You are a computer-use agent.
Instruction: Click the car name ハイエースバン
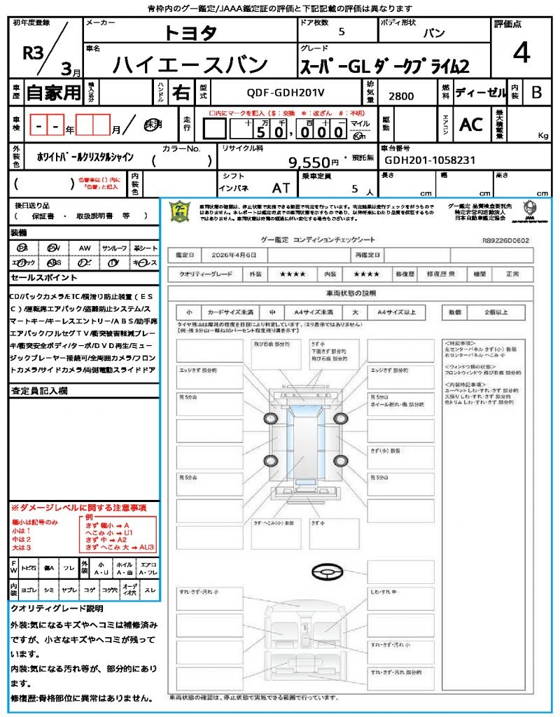[x=190, y=64]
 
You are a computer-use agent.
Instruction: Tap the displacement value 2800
[x=400, y=97]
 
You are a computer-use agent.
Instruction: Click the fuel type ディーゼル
[x=480, y=92]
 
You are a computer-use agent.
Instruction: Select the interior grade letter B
[x=536, y=92]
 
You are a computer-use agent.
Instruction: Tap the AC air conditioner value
[x=471, y=125]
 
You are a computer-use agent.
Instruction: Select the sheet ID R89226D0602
[x=505, y=239]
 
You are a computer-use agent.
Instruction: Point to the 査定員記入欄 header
[x=38, y=391]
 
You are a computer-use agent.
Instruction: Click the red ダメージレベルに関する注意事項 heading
[x=78, y=507]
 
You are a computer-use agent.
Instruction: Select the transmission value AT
[x=281, y=188]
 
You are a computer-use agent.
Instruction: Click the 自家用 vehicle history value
[x=54, y=92]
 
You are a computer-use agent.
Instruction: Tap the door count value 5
[x=341, y=32]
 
